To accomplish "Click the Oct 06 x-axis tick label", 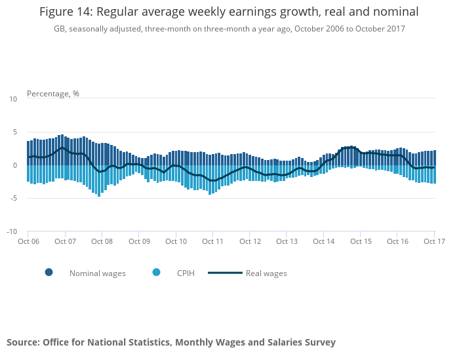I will coord(28,241).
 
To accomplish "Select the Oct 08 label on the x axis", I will coord(102,241).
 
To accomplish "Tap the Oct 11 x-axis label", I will coord(213,241).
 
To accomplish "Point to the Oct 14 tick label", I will coord(324,241).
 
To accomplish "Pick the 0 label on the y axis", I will coord(15,165).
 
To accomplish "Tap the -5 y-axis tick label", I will coord(13,199).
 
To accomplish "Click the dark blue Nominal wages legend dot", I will coord(49,272).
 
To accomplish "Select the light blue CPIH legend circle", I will coord(156,272).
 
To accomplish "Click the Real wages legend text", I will coord(266,273).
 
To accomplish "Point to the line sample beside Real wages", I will coord(225,273).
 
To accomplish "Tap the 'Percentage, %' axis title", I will coord(52,94).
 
